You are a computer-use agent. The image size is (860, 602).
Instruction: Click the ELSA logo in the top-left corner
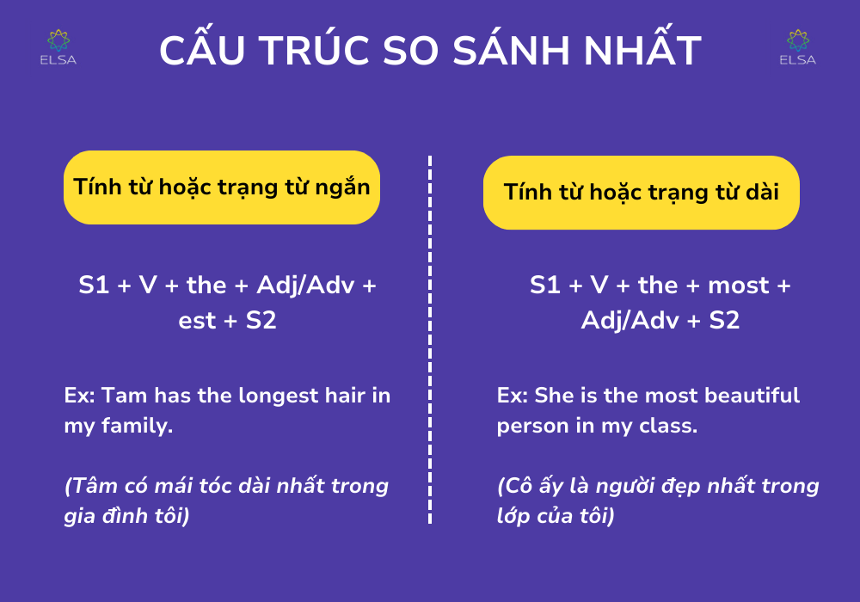[x=58, y=47]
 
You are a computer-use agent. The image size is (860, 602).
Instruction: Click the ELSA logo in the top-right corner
[x=797, y=47]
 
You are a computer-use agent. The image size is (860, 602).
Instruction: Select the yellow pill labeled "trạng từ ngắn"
[x=222, y=187]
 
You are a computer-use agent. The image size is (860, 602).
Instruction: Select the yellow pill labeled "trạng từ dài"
[x=642, y=193]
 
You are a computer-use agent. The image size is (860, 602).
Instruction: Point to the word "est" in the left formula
[x=197, y=321]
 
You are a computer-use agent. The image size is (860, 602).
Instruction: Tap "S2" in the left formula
[x=261, y=320]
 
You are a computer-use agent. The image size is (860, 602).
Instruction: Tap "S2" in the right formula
[x=724, y=320]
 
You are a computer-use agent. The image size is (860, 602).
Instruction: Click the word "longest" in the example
[x=279, y=396]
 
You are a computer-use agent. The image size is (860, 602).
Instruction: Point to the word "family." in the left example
[x=137, y=427]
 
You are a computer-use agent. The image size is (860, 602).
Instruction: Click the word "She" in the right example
[x=554, y=396]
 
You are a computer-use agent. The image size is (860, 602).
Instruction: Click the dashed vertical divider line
[x=430, y=340]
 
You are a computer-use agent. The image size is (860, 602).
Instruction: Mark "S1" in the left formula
[x=94, y=286]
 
